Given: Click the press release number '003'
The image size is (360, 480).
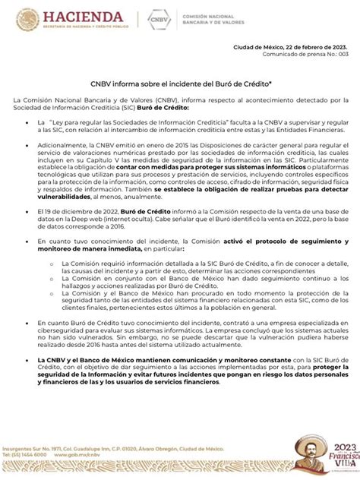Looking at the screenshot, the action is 343,55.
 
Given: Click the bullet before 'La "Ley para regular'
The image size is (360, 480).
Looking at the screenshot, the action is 30,122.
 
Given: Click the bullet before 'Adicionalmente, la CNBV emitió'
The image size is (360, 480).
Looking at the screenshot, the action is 30,144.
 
